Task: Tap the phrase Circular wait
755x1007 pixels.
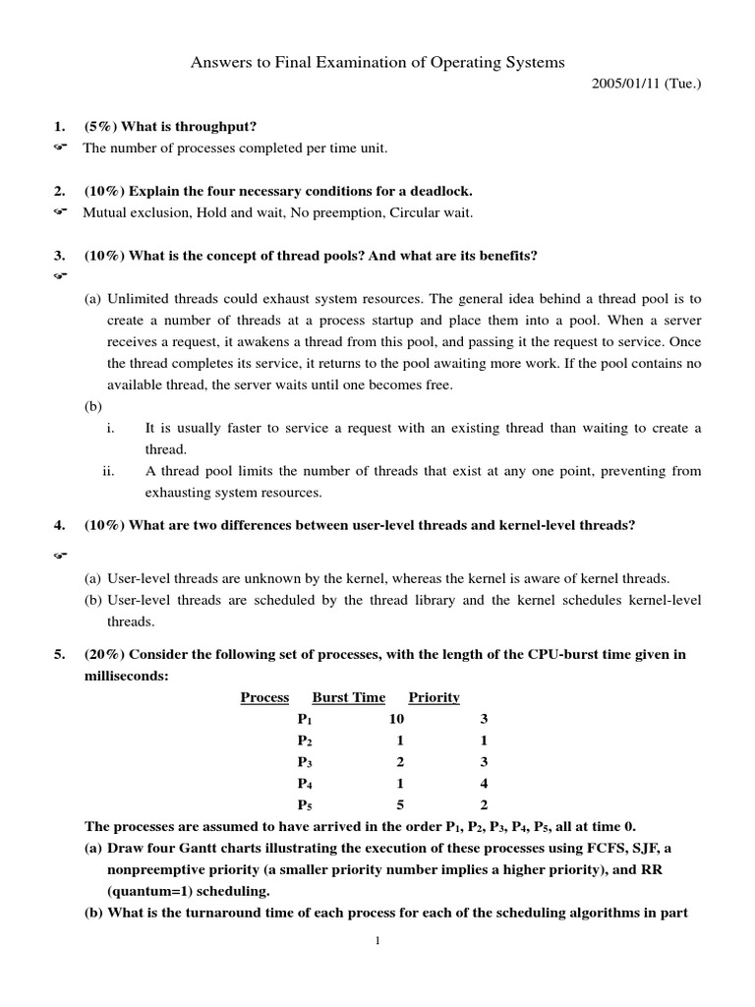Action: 432,211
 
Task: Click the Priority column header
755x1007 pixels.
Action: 434,697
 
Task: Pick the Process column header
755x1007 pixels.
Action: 264,697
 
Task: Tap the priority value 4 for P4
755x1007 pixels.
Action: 484,783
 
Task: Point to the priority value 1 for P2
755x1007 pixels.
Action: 484,740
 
